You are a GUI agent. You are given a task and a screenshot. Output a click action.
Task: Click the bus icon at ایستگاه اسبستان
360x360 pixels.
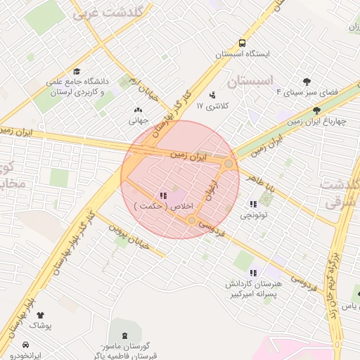point(243,42)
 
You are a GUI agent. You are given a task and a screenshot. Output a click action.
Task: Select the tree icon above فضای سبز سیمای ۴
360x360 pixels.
point(307,82)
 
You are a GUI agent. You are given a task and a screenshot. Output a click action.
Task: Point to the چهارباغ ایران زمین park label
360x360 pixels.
point(317,121)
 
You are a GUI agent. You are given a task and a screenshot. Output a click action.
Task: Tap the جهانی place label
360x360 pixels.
point(137,120)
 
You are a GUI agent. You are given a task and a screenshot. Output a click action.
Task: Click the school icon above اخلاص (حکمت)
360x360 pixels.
point(163,195)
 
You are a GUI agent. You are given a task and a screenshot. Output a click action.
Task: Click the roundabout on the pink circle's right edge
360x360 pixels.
point(229,164)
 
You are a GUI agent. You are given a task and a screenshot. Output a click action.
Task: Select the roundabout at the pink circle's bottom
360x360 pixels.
point(192,220)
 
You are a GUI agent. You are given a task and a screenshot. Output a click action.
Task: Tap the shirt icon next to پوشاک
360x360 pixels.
point(39,316)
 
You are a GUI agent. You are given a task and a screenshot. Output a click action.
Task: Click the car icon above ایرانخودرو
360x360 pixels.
point(26,345)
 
